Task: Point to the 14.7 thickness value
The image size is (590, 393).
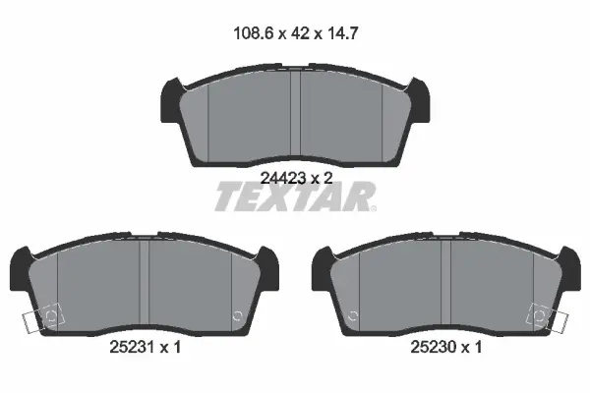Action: pos(342,33)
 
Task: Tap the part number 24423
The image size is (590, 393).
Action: pos(283,178)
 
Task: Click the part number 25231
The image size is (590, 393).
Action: pos(132,347)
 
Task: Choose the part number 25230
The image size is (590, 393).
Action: pos(433,347)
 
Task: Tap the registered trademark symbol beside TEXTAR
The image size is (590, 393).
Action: pos(373,208)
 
